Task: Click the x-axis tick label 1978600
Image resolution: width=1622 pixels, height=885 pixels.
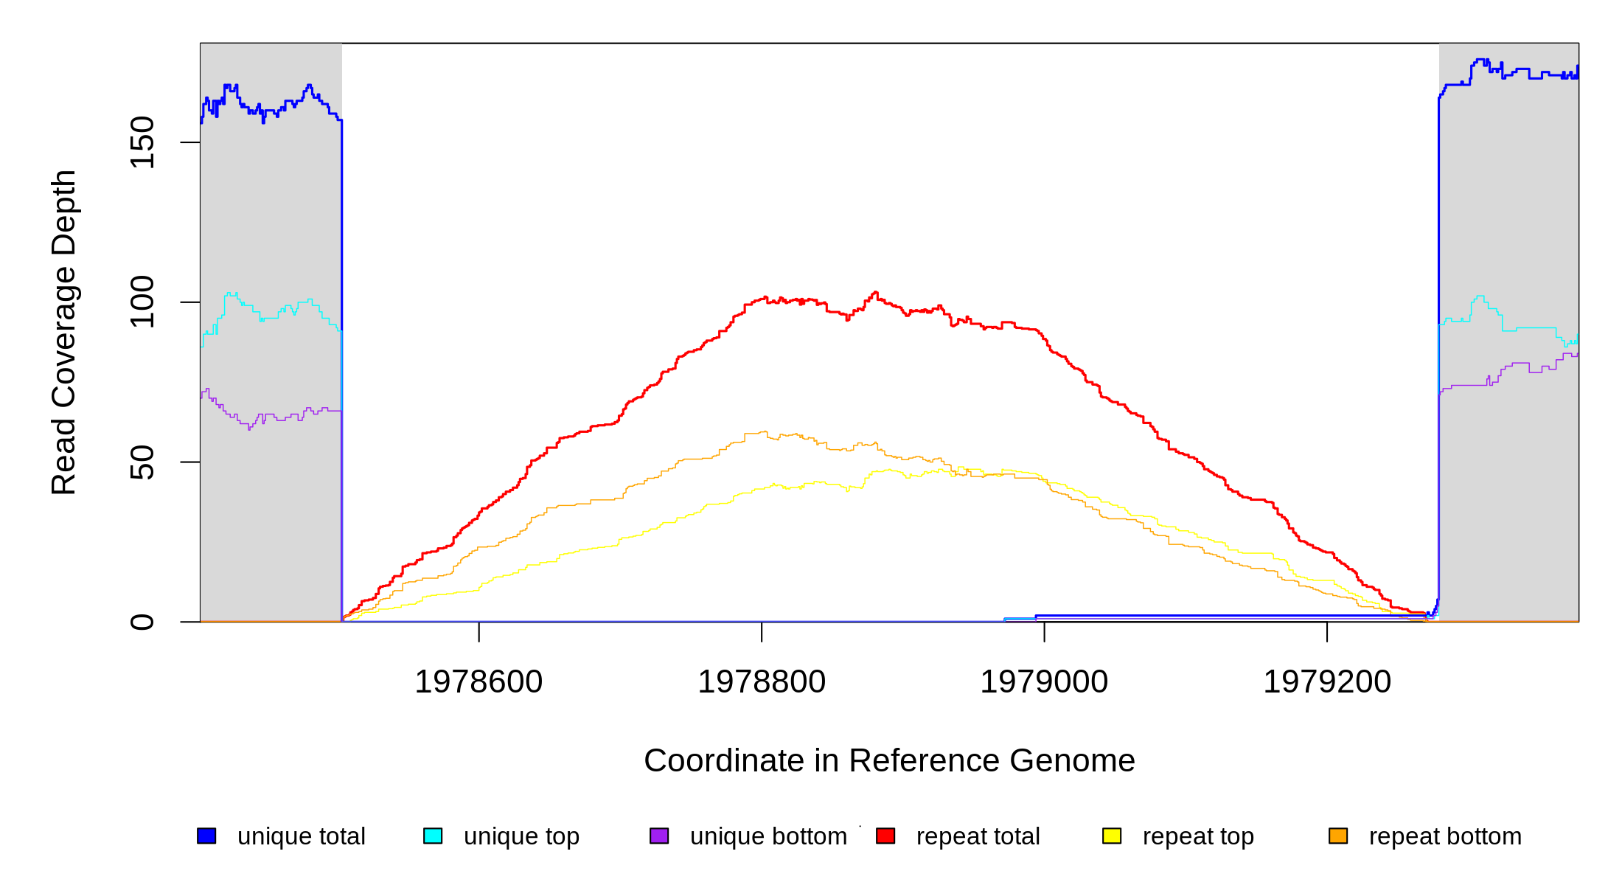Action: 478,682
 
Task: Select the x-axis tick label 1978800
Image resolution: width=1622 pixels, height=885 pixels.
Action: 762,682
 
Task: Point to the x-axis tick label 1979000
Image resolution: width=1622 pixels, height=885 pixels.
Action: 1044,682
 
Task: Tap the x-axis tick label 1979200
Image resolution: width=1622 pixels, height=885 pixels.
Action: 1327,682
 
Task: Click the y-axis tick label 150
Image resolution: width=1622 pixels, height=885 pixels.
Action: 142,142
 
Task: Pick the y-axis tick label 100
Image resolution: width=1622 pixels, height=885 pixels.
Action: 142,302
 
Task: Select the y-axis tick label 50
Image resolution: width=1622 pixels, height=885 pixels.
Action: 142,462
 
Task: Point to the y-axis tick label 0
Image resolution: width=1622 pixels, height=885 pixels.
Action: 142,622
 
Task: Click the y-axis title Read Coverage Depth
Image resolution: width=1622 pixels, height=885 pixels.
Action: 64,332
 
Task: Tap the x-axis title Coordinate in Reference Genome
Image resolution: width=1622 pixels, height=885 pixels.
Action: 889,761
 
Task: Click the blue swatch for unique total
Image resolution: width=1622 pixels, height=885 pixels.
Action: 206,836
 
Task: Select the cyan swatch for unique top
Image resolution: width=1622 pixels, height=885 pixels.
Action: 433,836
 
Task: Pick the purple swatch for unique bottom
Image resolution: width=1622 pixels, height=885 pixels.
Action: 659,836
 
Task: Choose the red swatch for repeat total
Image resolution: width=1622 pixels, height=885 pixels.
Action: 885,836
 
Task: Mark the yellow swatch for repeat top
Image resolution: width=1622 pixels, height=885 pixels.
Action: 1112,836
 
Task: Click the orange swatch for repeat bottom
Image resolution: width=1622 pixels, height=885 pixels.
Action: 1338,836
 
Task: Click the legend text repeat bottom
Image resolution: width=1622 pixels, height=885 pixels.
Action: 1445,836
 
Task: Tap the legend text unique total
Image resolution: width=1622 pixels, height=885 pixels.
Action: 301,836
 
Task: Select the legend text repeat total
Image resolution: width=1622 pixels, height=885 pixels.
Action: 978,836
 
